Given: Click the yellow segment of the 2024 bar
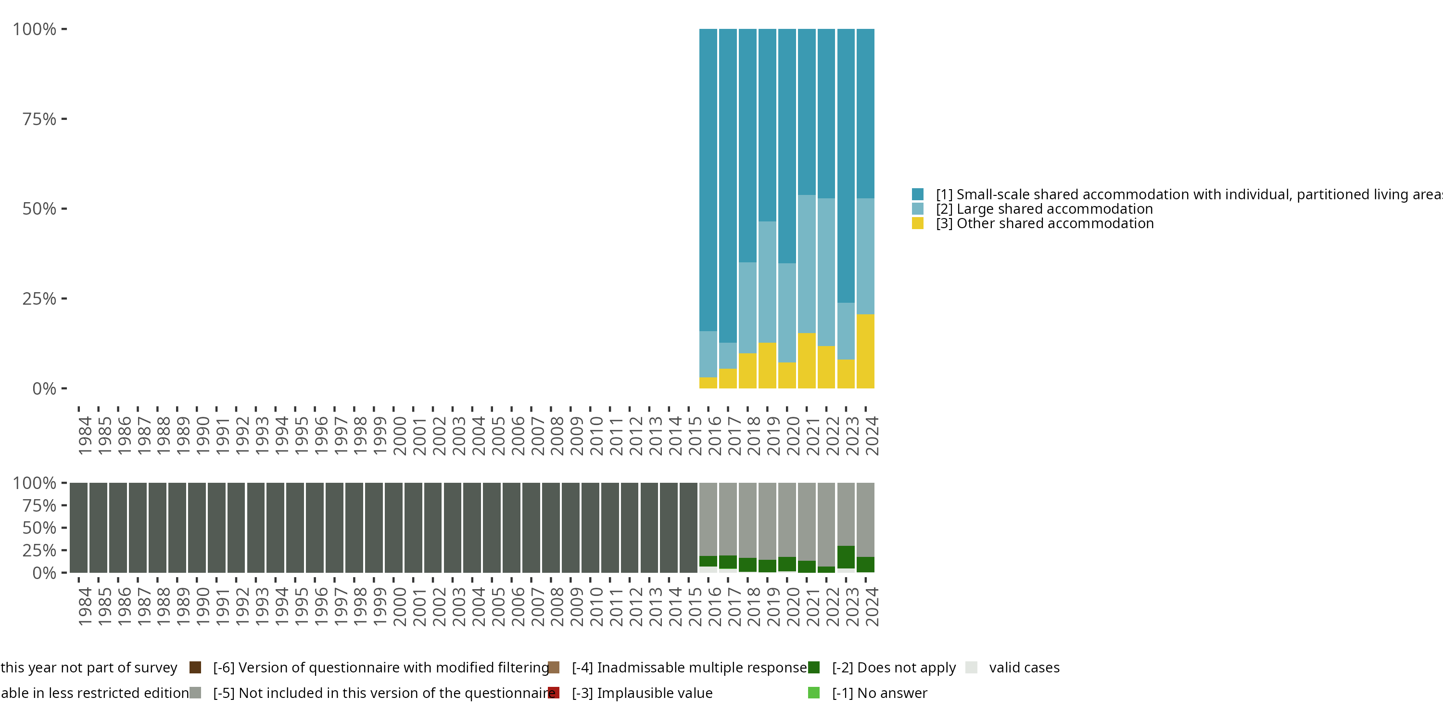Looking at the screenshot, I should [865, 351].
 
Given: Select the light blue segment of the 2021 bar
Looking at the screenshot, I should [807, 264].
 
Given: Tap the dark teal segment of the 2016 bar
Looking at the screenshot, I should [708, 180].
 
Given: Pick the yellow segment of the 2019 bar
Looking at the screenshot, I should [767, 365].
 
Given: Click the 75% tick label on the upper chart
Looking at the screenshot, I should [39, 119].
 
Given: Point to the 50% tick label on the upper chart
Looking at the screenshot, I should [39, 209].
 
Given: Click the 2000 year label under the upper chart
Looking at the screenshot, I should [399, 436].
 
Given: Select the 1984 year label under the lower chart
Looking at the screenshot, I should [85, 606].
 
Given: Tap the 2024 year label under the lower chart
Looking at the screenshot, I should [872, 606].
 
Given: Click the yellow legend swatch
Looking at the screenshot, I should [918, 224].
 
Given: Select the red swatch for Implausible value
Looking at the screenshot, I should [554, 693].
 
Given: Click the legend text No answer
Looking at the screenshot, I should [879, 693].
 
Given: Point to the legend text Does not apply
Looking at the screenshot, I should [894, 668].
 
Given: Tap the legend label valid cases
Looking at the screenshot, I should [1024, 668].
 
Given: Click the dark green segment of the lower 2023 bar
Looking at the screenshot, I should [846, 557].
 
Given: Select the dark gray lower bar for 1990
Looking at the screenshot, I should [197, 528].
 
